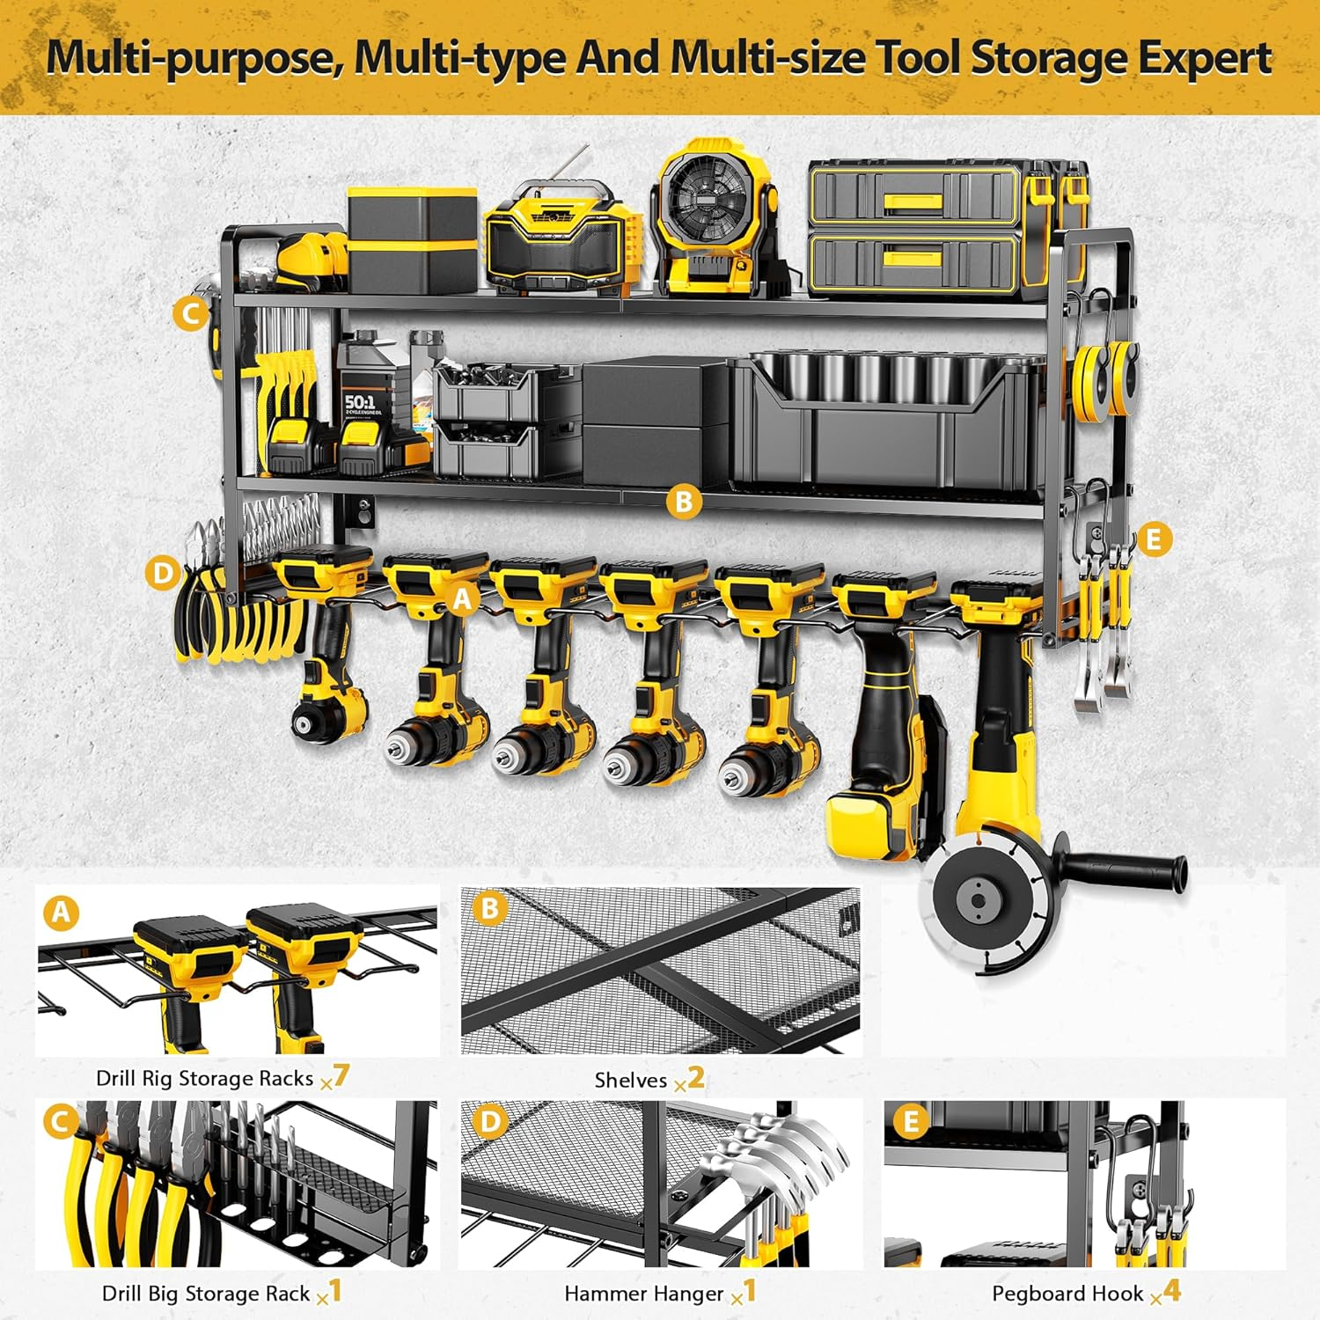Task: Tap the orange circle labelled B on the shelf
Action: click(x=684, y=502)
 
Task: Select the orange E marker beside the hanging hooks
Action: click(x=1154, y=539)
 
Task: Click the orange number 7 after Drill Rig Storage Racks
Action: click(x=341, y=1074)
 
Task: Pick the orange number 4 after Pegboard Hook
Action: click(x=1171, y=1291)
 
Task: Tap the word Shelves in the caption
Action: click(x=630, y=1080)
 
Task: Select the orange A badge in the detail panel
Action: click(x=61, y=913)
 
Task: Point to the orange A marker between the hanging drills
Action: click(x=464, y=599)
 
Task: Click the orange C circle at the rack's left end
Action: click(x=191, y=313)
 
